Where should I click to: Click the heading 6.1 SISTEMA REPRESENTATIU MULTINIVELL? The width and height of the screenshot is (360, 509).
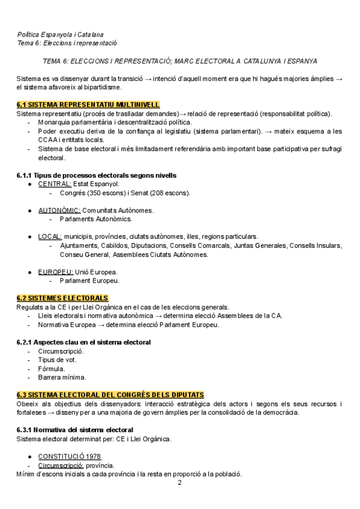[x=88, y=104]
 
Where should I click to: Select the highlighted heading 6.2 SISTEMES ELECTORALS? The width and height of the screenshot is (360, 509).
[x=62, y=298]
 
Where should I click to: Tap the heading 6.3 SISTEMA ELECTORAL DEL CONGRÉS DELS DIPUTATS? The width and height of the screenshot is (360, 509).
[x=110, y=394]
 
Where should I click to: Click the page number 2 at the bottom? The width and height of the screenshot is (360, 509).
[x=179, y=482]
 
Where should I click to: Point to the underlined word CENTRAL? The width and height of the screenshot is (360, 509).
[x=55, y=184]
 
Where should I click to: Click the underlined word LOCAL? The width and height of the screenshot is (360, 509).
[x=50, y=236]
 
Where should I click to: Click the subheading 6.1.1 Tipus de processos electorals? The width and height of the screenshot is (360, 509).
[x=96, y=175]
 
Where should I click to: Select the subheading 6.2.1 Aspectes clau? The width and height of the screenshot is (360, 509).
[x=83, y=342]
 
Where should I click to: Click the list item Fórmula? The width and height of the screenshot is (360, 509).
[x=52, y=369]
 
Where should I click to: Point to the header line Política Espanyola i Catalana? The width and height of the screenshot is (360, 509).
[x=60, y=34]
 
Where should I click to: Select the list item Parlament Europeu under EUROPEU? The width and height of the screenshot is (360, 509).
[x=89, y=280]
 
